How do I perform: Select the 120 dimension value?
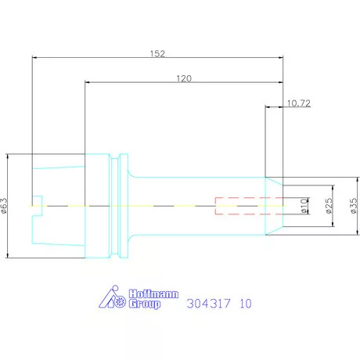click(184, 78)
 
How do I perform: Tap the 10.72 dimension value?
click(299, 103)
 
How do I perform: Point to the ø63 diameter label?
click(5, 206)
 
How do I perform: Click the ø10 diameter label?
click(304, 206)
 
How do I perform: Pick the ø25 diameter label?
click(329, 206)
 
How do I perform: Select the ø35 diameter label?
click(353, 206)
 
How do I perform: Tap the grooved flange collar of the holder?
click(119, 205)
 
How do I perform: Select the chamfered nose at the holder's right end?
click(274, 205)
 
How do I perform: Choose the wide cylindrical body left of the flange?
click(95, 205)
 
